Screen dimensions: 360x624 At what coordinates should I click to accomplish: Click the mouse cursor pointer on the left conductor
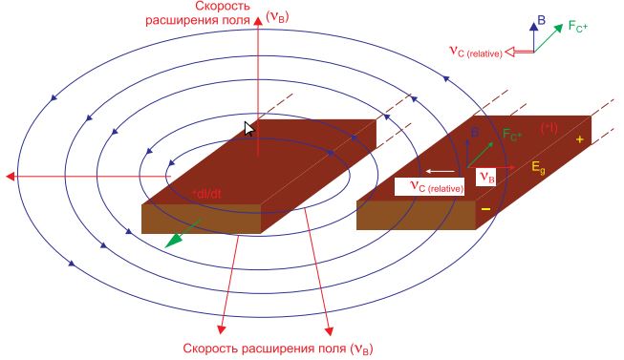coord(249,130)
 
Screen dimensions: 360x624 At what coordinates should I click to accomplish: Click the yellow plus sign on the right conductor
coord(579,139)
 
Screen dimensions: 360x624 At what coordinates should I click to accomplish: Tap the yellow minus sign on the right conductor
coord(485,208)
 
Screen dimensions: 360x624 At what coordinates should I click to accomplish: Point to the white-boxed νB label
coord(486,176)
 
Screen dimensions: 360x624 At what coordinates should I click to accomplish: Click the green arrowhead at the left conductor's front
coord(171,241)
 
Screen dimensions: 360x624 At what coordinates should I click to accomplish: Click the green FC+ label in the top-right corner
coord(579,26)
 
